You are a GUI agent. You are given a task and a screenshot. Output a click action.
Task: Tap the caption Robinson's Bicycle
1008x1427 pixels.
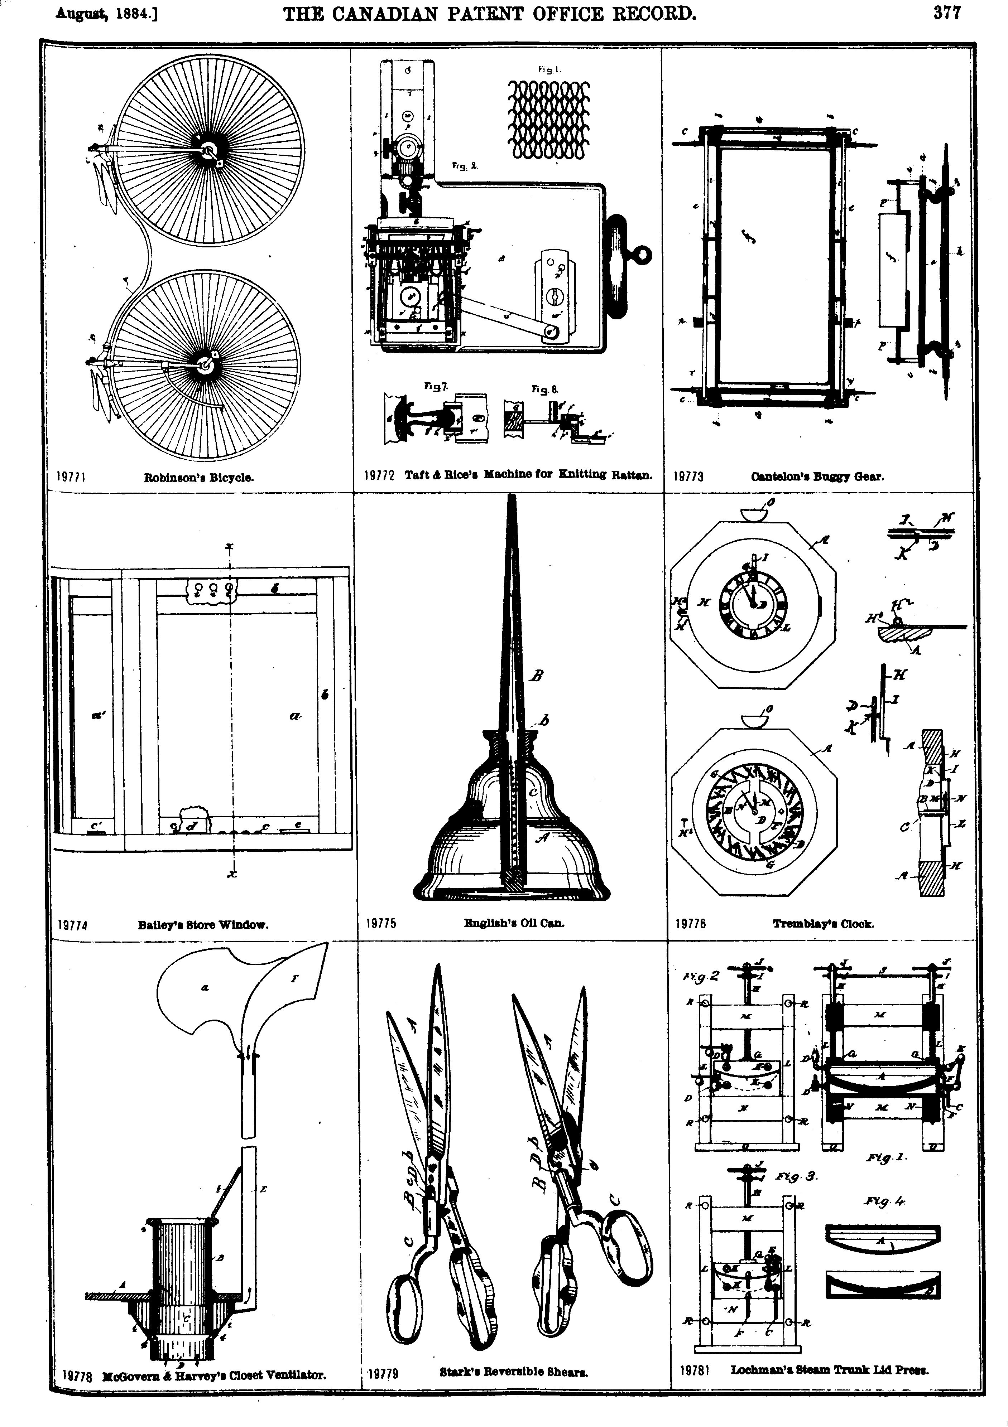pos(199,477)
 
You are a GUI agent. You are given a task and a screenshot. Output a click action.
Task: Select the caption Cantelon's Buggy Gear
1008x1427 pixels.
pos(817,477)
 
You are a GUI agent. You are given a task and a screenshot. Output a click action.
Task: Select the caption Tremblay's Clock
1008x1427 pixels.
pos(823,924)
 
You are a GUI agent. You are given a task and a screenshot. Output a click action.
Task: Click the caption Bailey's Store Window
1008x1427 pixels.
pos(203,924)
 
